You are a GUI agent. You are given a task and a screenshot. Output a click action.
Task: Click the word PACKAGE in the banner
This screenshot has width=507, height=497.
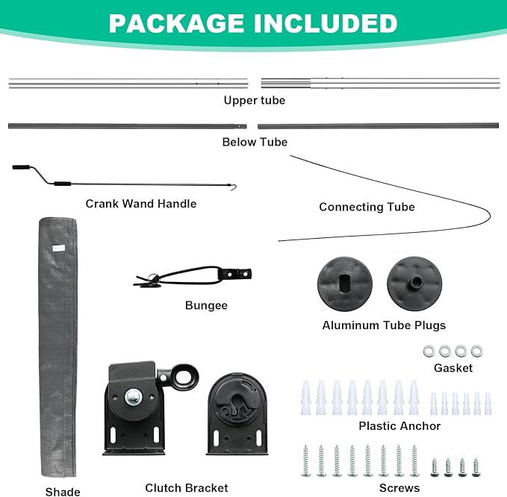click(176, 23)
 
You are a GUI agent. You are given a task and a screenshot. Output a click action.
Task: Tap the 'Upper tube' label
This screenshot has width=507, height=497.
click(255, 100)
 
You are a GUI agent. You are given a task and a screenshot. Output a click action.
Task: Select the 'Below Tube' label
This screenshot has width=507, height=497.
click(255, 142)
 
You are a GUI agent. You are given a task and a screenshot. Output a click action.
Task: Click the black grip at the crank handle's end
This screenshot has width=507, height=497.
click(21, 167)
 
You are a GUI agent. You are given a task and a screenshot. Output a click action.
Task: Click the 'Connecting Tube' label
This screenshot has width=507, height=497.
click(367, 207)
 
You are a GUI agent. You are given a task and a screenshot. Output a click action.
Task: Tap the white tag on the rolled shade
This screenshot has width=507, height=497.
click(59, 248)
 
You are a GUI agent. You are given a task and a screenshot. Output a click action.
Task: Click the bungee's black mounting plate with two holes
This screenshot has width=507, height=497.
click(235, 275)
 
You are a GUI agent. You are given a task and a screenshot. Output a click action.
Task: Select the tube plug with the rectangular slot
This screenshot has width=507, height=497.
click(345, 284)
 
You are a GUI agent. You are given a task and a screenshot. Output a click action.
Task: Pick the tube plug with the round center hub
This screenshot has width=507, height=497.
click(414, 284)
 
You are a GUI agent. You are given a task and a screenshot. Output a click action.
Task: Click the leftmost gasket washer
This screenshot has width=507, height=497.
click(429, 351)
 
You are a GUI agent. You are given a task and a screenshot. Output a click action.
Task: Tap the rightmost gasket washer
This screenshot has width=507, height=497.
click(477, 351)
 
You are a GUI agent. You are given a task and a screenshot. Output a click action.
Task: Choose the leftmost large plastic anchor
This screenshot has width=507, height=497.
click(306, 398)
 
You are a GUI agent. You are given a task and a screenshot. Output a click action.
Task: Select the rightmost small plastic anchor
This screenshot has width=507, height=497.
click(488, 404)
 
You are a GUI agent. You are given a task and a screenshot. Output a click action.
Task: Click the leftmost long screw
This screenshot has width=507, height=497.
click(305, 460)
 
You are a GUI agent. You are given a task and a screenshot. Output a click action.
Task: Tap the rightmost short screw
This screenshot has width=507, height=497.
click(476, 467)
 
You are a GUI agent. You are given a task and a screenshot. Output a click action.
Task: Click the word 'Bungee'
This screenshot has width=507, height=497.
click(206, 306)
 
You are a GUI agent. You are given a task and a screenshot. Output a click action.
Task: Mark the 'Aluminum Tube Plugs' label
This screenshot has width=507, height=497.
click(384, 325)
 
